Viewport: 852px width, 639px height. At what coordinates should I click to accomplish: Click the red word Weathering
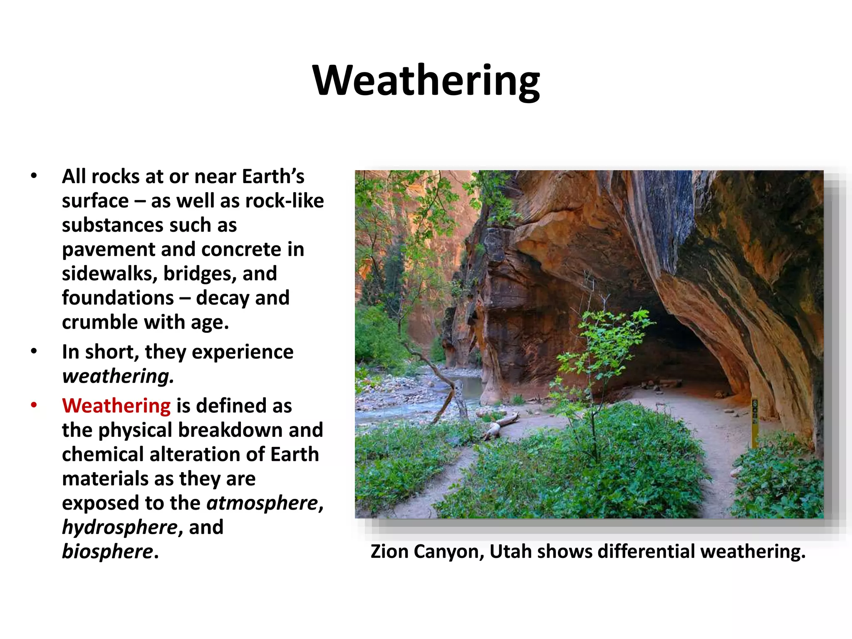(x=116, y=406)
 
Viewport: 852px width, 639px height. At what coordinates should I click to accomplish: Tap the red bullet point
(x=34, y=405)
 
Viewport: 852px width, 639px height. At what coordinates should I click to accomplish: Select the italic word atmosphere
(x=263, y=503)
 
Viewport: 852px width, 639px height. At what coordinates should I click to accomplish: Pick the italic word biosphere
(x=107, y=552)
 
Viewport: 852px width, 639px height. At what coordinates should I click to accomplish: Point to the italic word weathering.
(x=118, y=376)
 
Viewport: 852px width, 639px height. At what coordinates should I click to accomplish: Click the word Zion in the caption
(x=389, y=552)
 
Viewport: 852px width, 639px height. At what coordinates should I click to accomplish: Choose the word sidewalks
(x=109, y=274)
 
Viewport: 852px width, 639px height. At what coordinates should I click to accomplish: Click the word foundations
(x=118, y=298)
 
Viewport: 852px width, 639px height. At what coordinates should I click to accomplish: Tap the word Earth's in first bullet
(x=273, y=176)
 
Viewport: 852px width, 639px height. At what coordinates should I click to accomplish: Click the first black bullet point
(x=34, y=176)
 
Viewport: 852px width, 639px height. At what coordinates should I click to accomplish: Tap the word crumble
(x=99, y=322)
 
